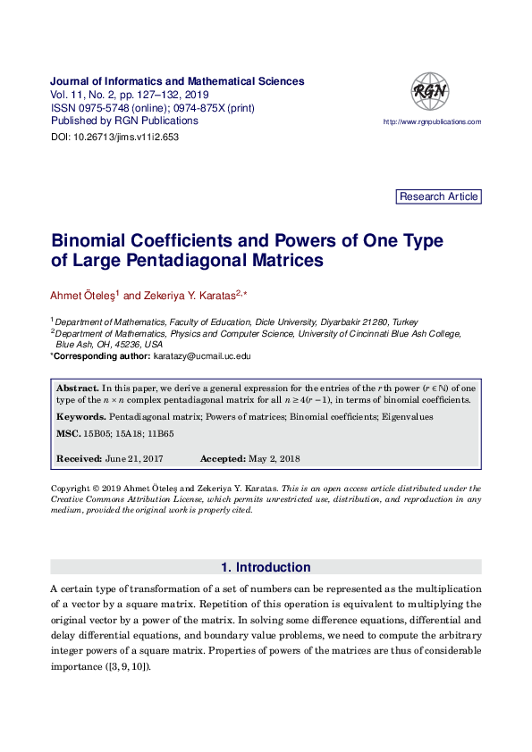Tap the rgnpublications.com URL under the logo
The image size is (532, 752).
click(432, 121)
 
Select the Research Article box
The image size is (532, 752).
click(438, 196)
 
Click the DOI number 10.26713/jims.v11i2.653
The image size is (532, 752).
click(128, 138)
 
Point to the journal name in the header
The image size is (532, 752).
click(177, 81)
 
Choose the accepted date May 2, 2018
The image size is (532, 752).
click(274, 459)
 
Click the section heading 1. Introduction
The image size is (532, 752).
click(266, 567)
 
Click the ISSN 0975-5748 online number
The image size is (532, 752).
click(100, 108)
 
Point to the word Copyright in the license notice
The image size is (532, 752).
click(71, 489)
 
